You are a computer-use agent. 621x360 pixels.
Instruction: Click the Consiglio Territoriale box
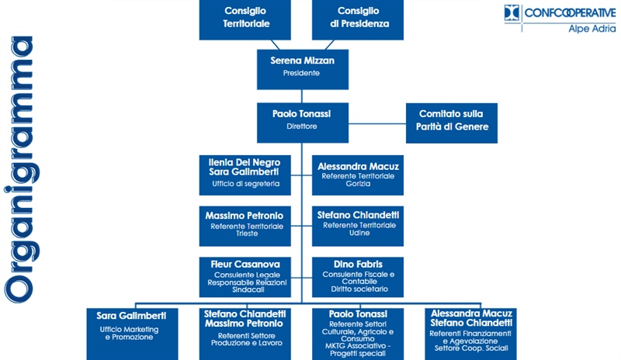point(246,19)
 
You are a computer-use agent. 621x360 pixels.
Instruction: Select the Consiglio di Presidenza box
point(358,19)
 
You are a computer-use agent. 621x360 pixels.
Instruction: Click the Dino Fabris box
point(358,275)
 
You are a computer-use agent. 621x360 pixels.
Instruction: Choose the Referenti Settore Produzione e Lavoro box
point(245,333)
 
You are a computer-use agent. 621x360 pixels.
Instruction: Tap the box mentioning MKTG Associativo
point(359,333)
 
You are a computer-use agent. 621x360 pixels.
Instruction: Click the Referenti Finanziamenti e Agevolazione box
point(471,333)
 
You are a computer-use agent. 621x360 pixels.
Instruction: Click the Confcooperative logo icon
point(511,12)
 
